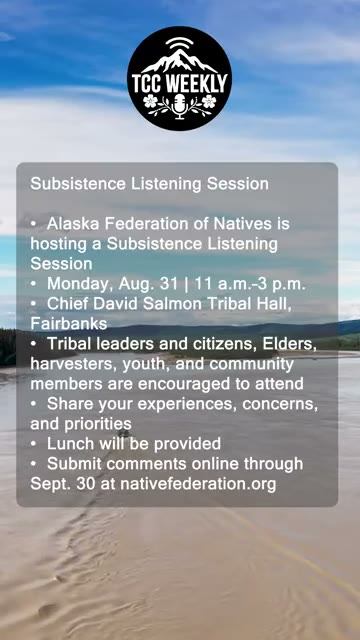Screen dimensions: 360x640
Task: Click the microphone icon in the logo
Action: click(180, 106)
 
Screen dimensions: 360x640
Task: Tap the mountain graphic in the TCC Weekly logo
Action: click(180, 61)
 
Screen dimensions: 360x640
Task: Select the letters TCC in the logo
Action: click(148, 83)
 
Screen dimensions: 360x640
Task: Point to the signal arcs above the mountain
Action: click(180, 42)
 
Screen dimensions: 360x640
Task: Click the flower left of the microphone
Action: click(150, 101)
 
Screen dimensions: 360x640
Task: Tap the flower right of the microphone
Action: click(209, 101)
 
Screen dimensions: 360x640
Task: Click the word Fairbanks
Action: click(69, 324)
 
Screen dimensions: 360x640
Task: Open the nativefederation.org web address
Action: click(198, 484)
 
